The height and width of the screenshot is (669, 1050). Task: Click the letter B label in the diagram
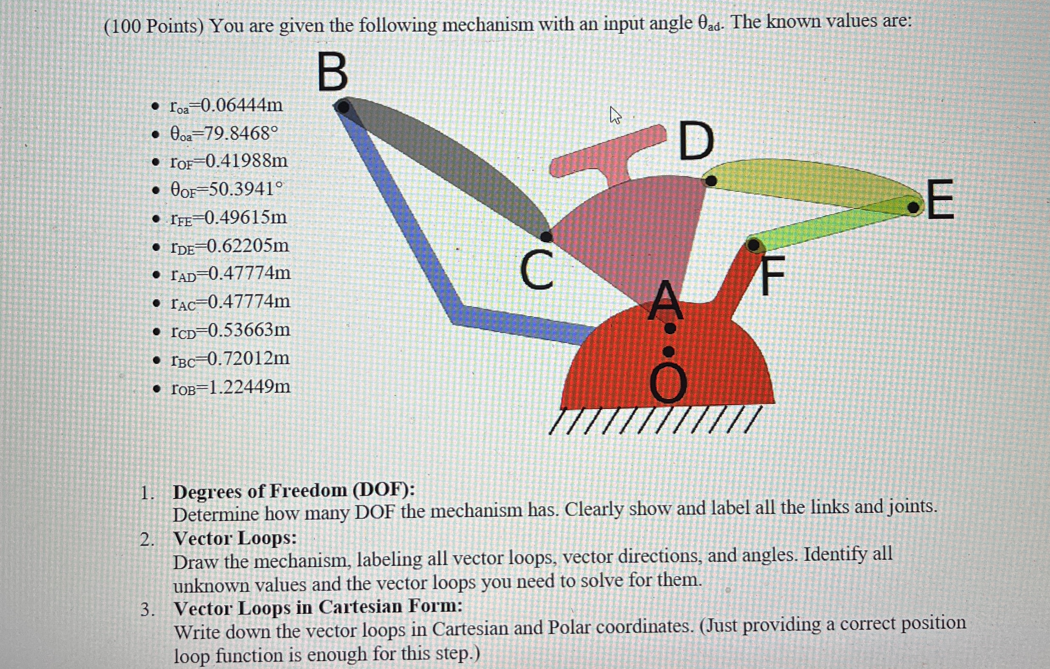point(333,72)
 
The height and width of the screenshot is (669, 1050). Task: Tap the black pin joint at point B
point(344,107)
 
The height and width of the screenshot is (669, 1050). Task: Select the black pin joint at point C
point(546,237)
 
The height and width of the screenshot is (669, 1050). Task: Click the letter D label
point(696,142)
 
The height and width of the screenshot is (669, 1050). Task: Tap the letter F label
point(773,275)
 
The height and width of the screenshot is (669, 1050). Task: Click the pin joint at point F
point(753,245)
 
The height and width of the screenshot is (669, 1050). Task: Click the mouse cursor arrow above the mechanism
point(615,115)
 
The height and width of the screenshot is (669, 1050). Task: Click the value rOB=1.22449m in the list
point(230,387)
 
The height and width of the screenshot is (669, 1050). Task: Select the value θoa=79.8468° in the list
point(224,133)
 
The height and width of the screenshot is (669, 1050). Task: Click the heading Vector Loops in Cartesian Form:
point(317,607)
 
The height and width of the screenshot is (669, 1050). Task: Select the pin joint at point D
point(711,180)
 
